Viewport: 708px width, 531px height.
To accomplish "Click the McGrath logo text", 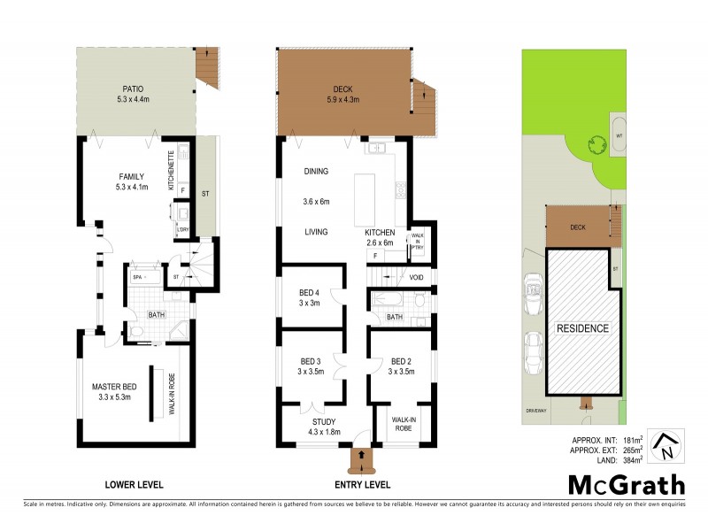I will click(626, 484).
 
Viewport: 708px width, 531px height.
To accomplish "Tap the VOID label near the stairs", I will click(417, 278).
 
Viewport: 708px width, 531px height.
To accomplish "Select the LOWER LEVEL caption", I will click(134, 484).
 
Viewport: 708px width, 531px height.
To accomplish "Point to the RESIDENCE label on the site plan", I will click(581, 328).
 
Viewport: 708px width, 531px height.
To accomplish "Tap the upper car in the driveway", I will click(535, 289).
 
